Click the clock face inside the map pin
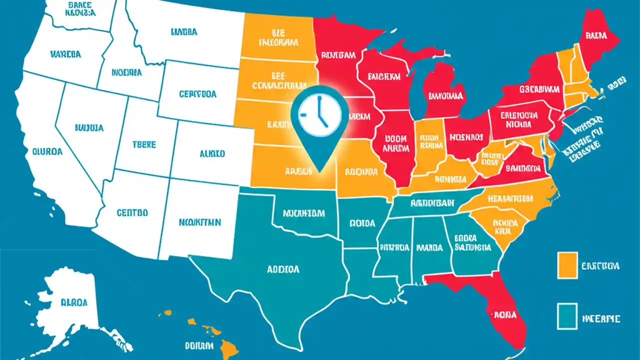pos(320,113)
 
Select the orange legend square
pos(567,265)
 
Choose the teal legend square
pos(567,317)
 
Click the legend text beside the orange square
pos(600,265)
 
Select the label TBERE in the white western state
pos(144,144)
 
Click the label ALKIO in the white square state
pos(212,154)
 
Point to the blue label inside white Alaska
pos(73,302)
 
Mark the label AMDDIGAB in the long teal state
pos(431,203)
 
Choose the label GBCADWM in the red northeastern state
pos(539,89)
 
